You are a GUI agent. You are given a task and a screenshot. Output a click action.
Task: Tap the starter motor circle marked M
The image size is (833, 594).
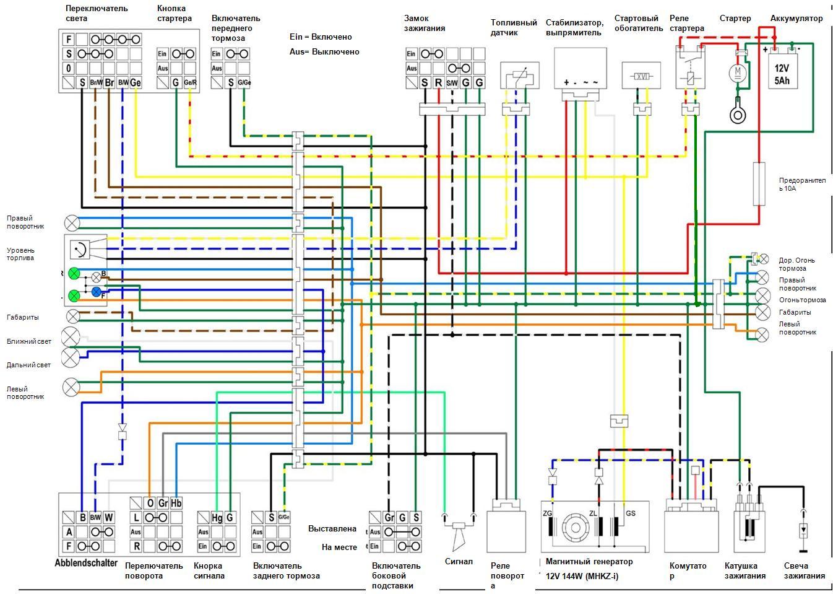point(738,73)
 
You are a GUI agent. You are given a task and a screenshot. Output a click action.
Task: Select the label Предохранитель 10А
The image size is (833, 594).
point(802,184)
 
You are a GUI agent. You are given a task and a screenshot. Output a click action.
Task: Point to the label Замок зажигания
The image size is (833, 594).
point(425,23)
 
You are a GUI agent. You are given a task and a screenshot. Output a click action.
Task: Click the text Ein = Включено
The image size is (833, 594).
point(321,37)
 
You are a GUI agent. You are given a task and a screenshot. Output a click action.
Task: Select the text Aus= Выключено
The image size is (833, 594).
point(324,52)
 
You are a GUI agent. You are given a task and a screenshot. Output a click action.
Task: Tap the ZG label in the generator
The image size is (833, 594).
point(548,513)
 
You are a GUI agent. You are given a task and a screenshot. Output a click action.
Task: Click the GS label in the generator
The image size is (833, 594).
point(631,513)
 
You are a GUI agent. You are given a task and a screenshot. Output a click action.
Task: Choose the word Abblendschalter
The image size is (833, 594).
point(86,563)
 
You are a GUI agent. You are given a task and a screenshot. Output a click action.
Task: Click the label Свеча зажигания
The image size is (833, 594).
point(804,570)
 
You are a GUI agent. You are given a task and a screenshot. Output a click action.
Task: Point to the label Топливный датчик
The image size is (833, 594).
point(514,27)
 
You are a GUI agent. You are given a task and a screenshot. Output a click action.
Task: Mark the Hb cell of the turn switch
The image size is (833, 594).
point(176,503)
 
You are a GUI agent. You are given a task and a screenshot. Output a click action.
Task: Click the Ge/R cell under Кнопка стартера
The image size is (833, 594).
point(191,82)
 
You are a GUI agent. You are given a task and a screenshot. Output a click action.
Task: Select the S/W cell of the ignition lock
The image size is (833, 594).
point(452,82)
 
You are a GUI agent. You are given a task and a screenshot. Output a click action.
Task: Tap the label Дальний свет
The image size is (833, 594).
point(29,365)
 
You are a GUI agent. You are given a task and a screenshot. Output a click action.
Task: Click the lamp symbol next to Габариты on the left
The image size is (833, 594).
point(73,317)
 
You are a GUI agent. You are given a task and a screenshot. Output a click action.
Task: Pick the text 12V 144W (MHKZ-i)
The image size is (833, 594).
point(582,576)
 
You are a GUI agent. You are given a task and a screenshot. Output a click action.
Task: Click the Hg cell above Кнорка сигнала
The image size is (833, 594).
point(217,517)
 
